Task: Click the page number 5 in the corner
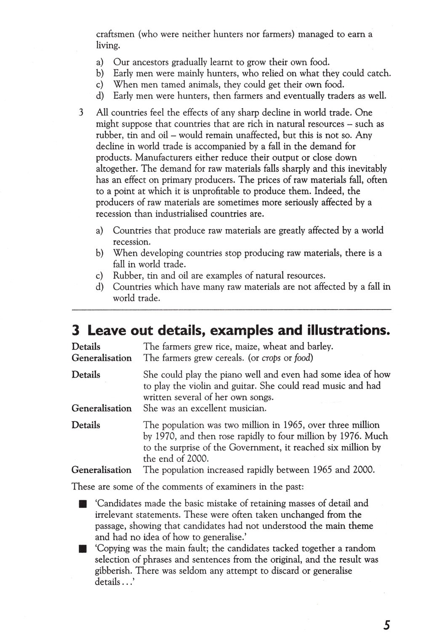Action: (x=387, y=624)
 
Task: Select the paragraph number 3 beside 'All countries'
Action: (x=81, y=113)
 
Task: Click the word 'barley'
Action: (x=319, y=347)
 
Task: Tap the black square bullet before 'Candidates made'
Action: (x=82, y=504)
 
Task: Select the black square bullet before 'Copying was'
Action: (x=82, y=549)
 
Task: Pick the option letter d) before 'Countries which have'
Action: (x=100, y=287)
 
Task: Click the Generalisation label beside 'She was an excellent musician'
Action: (x=101, y=408)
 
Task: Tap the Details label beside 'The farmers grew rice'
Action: (x=86, y=347)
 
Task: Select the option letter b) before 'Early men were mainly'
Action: (x=100, y=74)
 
